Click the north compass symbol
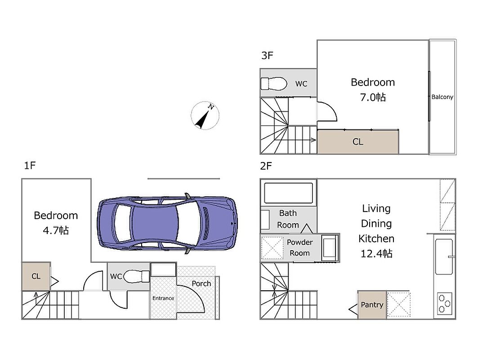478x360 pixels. [205, 116]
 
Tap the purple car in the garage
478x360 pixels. [167, 223]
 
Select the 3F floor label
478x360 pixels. [267, 55]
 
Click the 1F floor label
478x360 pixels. [30, 166]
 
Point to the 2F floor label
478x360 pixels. [266, 166]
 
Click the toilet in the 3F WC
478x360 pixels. [274, 84]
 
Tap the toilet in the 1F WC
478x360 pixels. [137, 276]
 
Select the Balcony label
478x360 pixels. [442, 97]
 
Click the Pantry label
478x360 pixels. [372, 305]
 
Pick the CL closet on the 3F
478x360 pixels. [358, 142]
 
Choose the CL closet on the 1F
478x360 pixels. [36, 276]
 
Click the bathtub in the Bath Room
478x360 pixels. [288, 193]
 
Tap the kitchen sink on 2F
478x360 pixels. [444, 256]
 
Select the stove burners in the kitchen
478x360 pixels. [444, 304]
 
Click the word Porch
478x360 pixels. [201, 283]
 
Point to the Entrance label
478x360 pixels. [163, 298]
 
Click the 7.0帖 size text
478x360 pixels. [373, 97]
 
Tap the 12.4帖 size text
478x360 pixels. [376, 253]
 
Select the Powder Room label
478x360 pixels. [299, 247]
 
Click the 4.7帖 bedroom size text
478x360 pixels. [56, 230]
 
